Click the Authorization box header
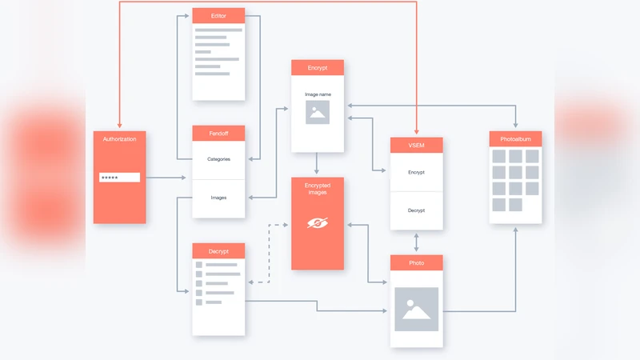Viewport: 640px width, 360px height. [120, 138]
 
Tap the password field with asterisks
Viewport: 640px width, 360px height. [119, 177]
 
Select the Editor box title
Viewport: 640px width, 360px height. [218, 16]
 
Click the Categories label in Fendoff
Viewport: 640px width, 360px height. [218, 159]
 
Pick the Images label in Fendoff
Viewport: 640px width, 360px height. [218, 198]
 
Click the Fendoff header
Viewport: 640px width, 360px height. [218, 134]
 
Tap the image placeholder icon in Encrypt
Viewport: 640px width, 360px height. [318, 113]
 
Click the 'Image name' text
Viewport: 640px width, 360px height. [318, 94]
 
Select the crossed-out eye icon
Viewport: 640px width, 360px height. [318, 224]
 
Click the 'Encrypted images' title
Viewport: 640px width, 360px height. [318, 189]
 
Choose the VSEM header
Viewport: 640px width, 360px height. [416, 146]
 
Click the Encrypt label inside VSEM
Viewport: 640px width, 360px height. [416, 172]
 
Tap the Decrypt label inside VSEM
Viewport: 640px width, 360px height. [416, 210]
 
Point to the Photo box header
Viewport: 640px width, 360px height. [416, 262]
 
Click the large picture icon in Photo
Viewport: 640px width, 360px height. [416, 309]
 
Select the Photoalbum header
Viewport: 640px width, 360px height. [515, 139]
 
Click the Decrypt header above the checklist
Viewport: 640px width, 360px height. [218, 251]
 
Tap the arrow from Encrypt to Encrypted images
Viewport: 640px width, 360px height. [318, 164]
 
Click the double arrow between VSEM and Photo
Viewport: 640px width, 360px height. [416, 242]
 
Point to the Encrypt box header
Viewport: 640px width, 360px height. [318, 68]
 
